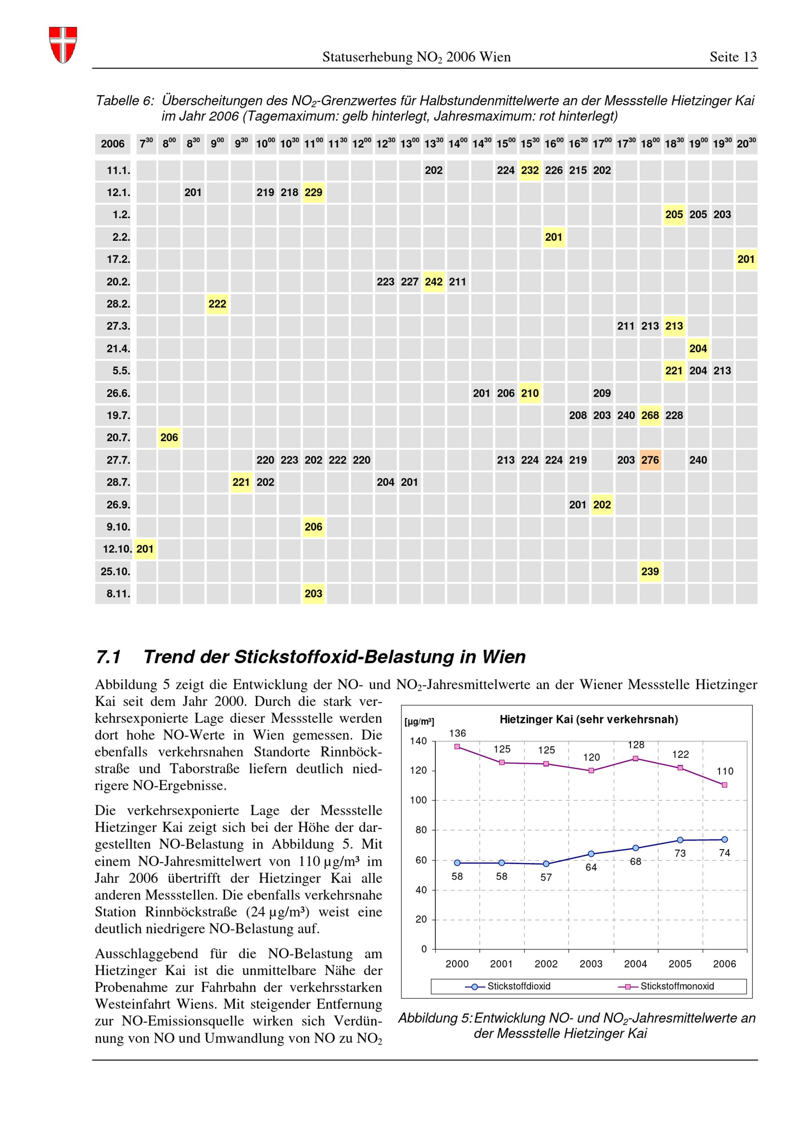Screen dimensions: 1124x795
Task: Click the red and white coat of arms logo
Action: tap(63, 44)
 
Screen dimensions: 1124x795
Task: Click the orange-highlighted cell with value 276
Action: tap(650, 460)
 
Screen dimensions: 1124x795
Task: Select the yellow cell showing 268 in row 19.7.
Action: tap(650, 415)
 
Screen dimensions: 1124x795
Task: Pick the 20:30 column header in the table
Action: tap(746, 143)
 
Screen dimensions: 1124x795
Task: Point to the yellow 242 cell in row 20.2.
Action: tap(434, 282)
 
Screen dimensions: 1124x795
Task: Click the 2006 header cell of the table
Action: tap(112, 144)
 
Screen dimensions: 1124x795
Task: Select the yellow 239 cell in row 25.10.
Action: tap(650, 571)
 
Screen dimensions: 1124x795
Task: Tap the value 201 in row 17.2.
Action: tap(746, 259)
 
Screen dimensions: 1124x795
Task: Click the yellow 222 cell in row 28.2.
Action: tap(217, 304)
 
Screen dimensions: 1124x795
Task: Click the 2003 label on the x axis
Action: tap(591, 964)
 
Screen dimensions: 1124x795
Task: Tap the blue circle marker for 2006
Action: tap(725, 840)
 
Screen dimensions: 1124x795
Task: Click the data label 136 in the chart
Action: tap(458, 733)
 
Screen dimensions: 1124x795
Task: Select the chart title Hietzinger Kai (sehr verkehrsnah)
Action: tap(589, 719)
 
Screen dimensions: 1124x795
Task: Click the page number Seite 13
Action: tap(733, 57)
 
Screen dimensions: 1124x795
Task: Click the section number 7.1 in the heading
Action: tap(109, 657)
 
